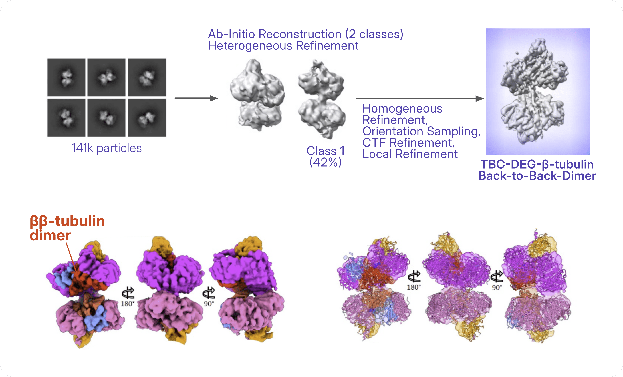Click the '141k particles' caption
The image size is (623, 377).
(106, 148)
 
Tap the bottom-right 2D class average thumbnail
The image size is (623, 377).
(147, 118)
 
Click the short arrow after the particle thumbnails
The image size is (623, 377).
(196, 98)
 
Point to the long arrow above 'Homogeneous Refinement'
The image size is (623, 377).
(420, 98)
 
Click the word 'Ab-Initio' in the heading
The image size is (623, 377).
(232, 34)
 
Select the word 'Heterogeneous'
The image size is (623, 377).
(250, 46)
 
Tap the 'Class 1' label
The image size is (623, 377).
(325, 151)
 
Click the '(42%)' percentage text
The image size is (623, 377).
(326, 162)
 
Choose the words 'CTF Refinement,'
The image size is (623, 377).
(408, 143)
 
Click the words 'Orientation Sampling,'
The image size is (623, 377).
(421, 131)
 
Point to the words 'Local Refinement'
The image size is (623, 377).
(410, 154)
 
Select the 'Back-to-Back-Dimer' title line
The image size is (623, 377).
(537, 176)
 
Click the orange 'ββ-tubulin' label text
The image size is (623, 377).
(67, 221)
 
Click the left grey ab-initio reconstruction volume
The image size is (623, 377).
(257, 95)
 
